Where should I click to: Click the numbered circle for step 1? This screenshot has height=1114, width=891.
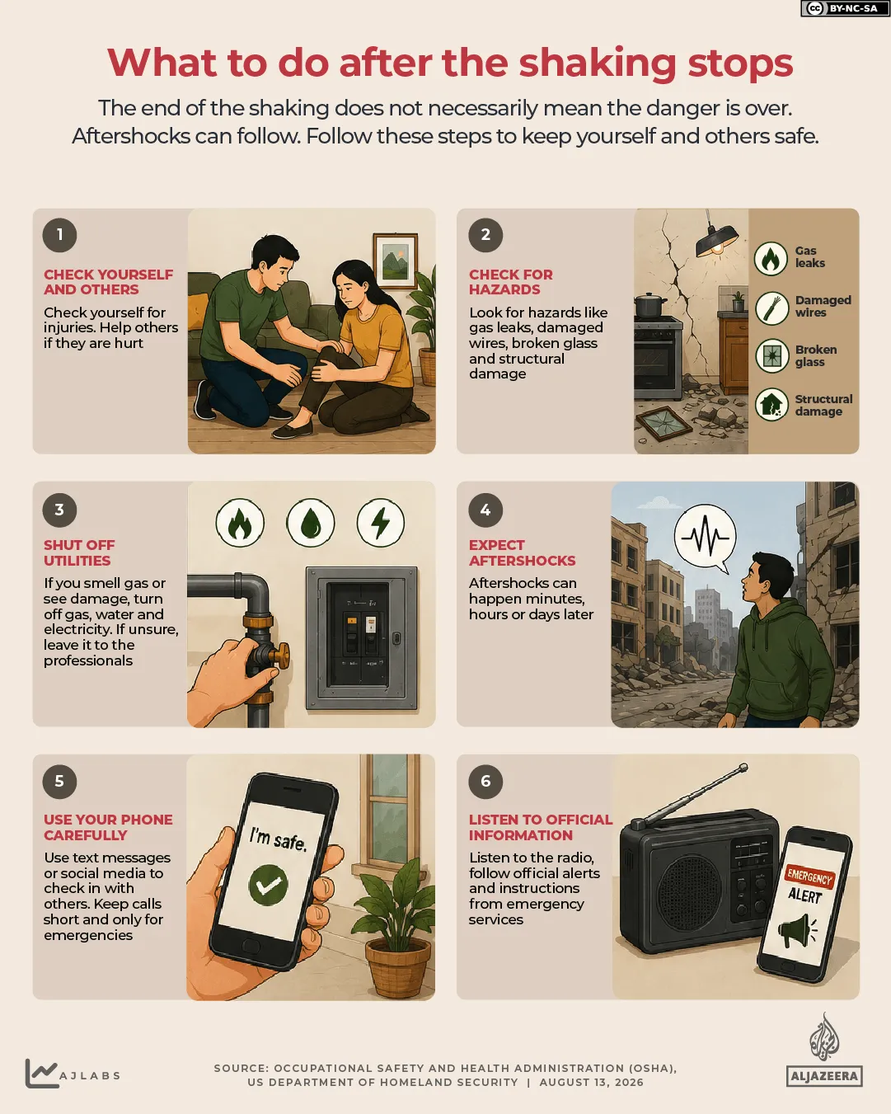click(x=59, y=235)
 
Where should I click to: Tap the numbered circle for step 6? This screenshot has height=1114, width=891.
click(x=485, y=781)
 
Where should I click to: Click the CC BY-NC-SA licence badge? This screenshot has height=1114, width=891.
click(x=845, y=8)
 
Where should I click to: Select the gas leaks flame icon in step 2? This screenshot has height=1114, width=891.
click(x=771, y=258)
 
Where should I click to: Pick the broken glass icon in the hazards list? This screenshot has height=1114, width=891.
click(x=772, y=356)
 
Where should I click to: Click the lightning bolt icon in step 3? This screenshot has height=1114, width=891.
click(x=381, y=522)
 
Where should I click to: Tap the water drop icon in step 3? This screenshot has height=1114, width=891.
click(x=311, y=522)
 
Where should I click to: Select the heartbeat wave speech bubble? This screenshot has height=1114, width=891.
click(x=705, y=538)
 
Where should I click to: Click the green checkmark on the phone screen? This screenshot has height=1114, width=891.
click(x=269, y=886)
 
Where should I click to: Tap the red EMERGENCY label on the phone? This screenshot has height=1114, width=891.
click(x=809, y=877)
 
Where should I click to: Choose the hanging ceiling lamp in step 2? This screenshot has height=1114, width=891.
click(x=716, y=237)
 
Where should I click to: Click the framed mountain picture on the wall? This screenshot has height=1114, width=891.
click(x=396, y=261)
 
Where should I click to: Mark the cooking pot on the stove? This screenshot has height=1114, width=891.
click(x=650, y=305)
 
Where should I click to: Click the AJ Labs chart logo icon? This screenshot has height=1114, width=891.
click(x=41, y=1073)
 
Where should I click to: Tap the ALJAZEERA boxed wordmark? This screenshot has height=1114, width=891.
click(x=824, y=1076)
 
